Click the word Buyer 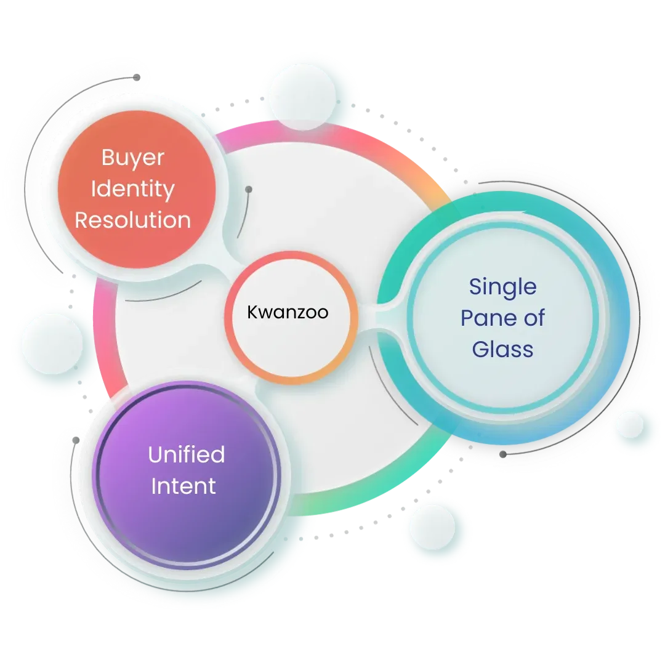[133, 158]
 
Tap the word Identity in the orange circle [133, 188]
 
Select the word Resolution [133, 220]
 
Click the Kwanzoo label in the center [288, 313]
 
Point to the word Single [502, 286]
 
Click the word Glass [502, 350]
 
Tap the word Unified [186, 455]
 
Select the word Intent [183, 486]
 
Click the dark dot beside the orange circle [248, 190]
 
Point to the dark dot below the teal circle [503, 454]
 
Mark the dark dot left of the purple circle [76, 440]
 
